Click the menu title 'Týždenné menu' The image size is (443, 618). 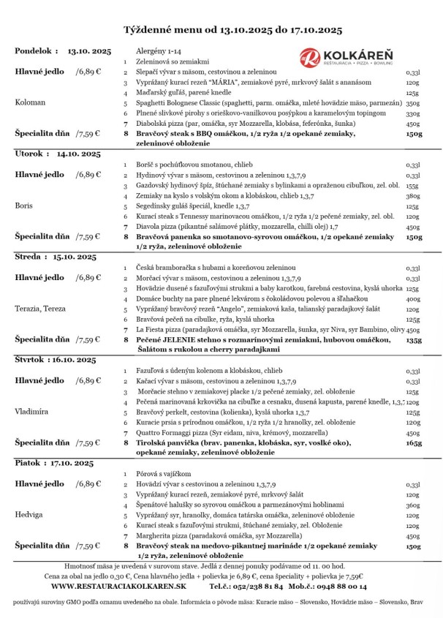(x=167, y=30)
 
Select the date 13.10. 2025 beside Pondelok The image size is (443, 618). (x=89, y=51)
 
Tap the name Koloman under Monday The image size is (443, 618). (x=32, y=103)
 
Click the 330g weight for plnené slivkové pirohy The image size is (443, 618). (x=413, y=113)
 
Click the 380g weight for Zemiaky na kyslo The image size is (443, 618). (x=413, y=196)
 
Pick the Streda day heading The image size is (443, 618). (x=30, y=257)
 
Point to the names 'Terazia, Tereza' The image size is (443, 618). (x=42, y=308)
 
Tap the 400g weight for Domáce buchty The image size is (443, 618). (x=413, y=298)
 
